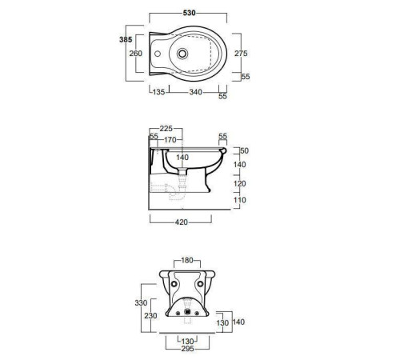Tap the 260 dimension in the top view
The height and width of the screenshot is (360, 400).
135,54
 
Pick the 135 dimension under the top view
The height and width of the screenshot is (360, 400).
159,93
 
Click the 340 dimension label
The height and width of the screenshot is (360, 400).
194,93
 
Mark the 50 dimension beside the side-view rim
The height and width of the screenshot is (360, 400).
245,150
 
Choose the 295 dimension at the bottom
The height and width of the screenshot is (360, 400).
189,349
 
